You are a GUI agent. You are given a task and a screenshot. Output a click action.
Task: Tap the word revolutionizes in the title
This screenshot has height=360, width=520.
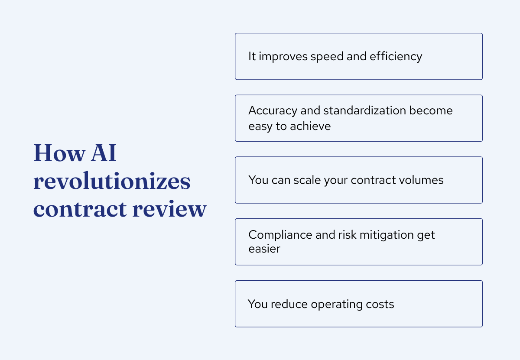112,181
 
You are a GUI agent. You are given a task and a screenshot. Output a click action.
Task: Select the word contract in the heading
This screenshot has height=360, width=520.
79,209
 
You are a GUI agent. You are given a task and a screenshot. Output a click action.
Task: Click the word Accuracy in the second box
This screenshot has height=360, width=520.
273,110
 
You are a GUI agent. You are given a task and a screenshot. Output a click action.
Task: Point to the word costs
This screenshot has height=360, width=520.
381,304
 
